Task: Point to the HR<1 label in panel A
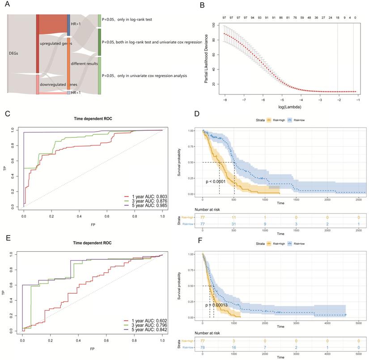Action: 76,92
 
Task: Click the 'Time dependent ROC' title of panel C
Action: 93,119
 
